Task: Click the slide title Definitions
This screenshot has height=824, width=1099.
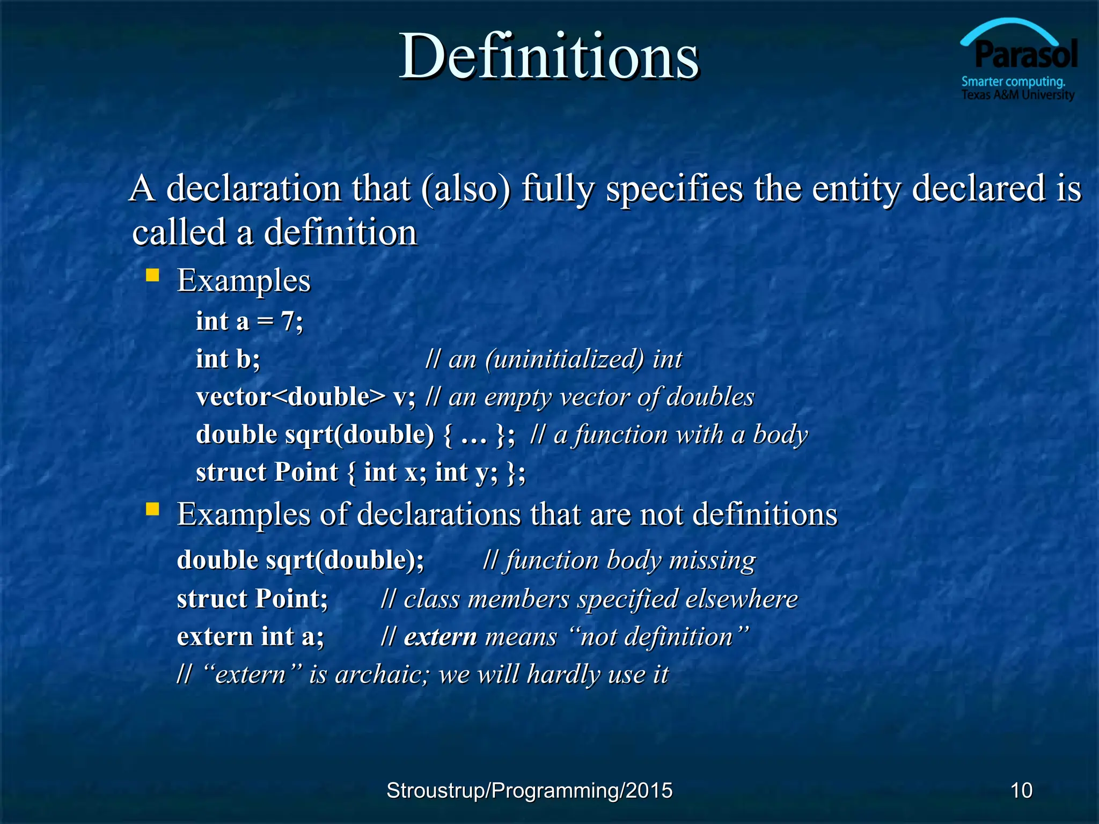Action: pos(548,56)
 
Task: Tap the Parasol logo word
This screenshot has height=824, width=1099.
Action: pos(1025,55)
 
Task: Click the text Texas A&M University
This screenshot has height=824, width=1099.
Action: pos(1017,95)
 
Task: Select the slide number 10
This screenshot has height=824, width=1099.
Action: pos(1021,790)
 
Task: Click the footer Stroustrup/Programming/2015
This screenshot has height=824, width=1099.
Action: pos(529,790)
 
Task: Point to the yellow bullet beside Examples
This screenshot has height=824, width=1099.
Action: pos(153,276)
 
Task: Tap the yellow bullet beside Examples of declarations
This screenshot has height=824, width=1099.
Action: pos(153,509)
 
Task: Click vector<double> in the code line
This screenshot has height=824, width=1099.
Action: pos(290,397)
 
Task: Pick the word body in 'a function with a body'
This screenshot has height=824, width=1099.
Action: pos(780,435)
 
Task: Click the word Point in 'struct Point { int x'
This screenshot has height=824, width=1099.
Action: pos(306,473)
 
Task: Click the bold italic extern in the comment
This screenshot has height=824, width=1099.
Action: pos(440,637)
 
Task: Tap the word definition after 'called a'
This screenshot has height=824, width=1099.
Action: pos(340,233)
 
